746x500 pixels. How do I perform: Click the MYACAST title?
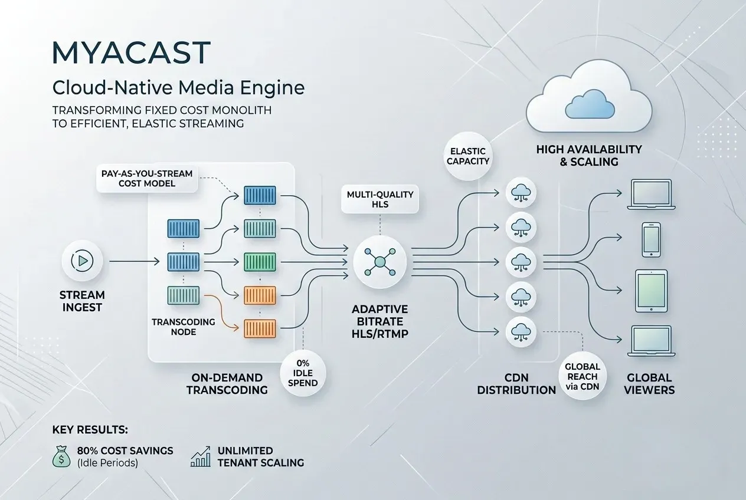tap(131, 53)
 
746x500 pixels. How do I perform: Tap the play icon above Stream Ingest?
tap(82, 260)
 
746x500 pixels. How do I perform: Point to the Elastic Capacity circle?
tap(469, 155)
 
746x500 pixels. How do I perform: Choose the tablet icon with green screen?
tap(650, 291)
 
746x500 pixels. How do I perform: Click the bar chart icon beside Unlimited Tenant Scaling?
tap(201, 456)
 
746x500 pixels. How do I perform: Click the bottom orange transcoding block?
tap(260, 328)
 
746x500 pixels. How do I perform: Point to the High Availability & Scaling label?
tap(589, 155)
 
